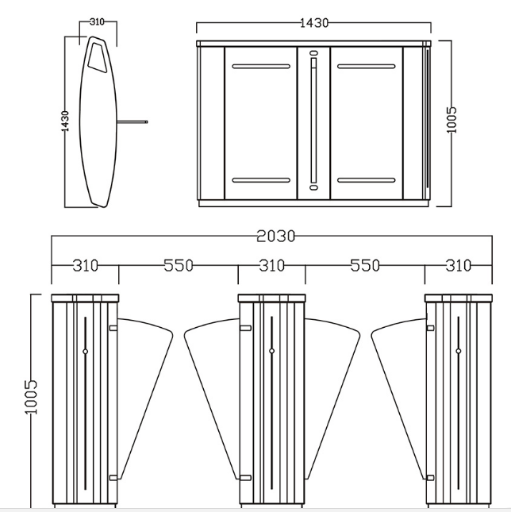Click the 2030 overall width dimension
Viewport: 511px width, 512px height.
pyautogui.click(x=275, y=236)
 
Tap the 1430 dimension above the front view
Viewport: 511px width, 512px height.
pyautogui.click(x=314, y=23)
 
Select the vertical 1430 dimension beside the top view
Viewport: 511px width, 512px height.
pyautogui.click(x=65, y=121)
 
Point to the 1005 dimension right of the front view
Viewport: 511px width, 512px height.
pyautogui.click(x=451, y=120)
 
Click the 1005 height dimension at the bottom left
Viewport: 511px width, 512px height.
pyautogui.click(x=31, y=397)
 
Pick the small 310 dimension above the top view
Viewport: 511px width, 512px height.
pyautogui.click(x=97, y=22)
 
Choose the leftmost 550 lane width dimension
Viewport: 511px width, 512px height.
pyautogui.click(x=179, y=265)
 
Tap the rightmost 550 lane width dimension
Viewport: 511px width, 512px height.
pyautogui.click(x=365, y=265)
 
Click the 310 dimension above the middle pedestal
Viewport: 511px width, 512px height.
pyautogui.click(x=272, y=265)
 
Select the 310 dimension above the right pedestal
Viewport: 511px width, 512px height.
pyautogui.click(x=459, y=265)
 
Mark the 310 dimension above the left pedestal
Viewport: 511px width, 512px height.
pyautogui.click(x=85, y=265)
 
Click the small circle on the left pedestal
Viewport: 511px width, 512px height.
pyautogui.click(x=85, y=352)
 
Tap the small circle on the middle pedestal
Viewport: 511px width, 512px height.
pyautogui.click(x=272, y=351)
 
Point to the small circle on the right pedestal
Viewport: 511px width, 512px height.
pyautogui.click(x=459, y=351)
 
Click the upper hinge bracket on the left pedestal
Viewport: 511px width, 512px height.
pyautogui.click(x=113, y=328)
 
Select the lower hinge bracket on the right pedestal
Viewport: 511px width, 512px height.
pyautogui.click(x=430, y=478)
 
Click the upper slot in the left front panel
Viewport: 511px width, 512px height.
pyautogui.click(x=261, y=67)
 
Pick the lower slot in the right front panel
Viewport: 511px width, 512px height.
pyautogui.click(x=366, y=180)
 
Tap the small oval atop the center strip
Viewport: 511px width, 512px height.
pyautogui.click(x=314, y=53)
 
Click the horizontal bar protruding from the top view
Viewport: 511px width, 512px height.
pyautogui.click(x=133, y=121)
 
